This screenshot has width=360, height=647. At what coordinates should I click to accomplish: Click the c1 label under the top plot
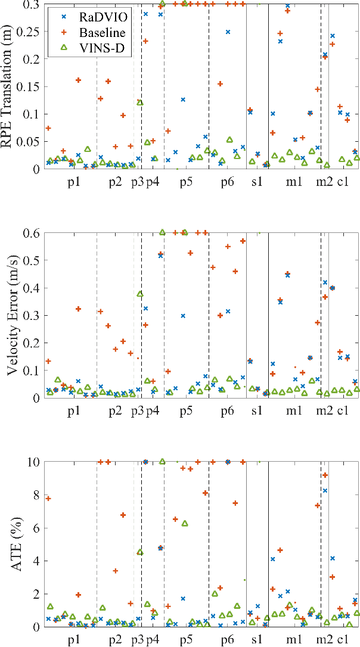343,182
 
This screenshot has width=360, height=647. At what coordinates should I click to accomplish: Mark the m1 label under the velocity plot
293,410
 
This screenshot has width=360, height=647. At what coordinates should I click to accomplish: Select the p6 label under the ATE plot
226,640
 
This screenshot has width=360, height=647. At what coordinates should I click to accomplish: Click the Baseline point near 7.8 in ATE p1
48,499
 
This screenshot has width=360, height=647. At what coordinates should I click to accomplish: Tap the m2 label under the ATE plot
324,640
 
